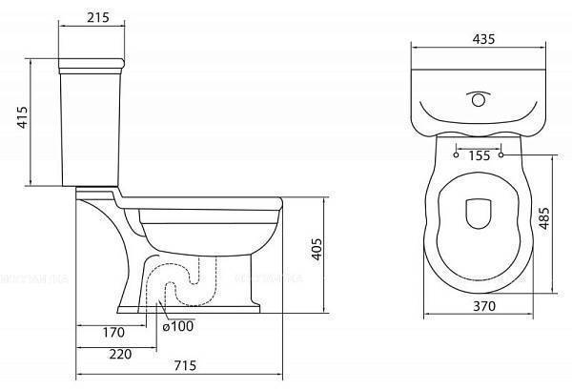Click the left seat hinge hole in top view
(458, 152)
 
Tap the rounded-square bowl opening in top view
(478, 214)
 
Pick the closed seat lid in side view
(205, 203)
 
